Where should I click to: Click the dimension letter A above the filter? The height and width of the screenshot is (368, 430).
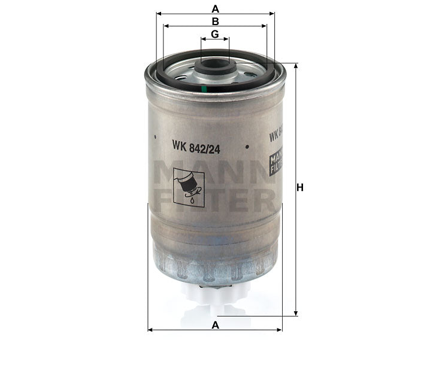(215, 8)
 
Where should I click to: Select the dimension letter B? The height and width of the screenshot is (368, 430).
(215, 22)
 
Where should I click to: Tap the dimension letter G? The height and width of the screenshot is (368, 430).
(215, 34)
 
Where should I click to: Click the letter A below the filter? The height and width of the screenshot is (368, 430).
(215, 324)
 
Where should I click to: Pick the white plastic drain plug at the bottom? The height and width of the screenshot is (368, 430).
(215, 300)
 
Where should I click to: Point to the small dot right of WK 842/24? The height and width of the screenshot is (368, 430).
(246, 146)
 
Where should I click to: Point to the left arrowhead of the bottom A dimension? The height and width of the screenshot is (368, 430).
(150, 330)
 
